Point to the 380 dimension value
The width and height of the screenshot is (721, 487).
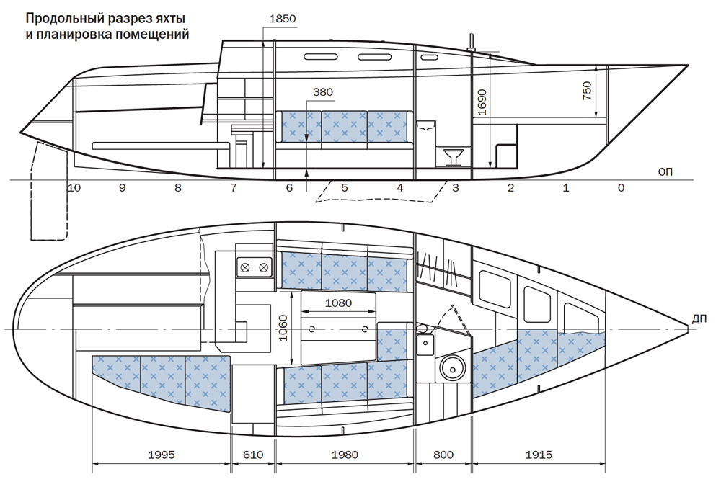324,92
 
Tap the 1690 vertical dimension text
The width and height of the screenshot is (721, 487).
482,104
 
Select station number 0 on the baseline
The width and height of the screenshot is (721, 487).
622,188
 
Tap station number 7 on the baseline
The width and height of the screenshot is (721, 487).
234,188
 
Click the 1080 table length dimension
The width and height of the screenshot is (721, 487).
338,303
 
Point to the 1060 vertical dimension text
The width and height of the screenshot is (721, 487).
283,329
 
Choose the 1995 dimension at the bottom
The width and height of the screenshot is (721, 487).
162,455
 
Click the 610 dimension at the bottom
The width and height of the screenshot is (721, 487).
253,455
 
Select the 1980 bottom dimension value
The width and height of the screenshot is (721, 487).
344,455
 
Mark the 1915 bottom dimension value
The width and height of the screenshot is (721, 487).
538,455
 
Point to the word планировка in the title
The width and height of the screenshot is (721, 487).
80,34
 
